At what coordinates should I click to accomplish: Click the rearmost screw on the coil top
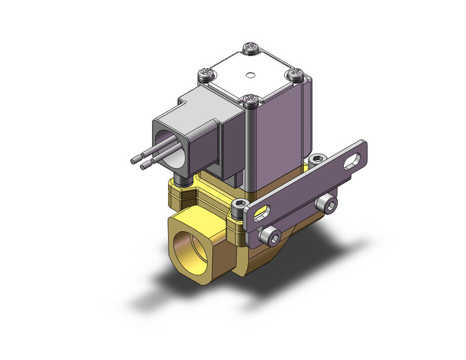coord(251,47)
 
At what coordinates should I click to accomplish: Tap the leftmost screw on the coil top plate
coord(205,75)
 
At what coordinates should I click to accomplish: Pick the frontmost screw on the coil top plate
coord(250,99)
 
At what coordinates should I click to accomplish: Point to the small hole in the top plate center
coord(250,77)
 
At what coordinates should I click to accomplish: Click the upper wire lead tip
coord(133,161)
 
